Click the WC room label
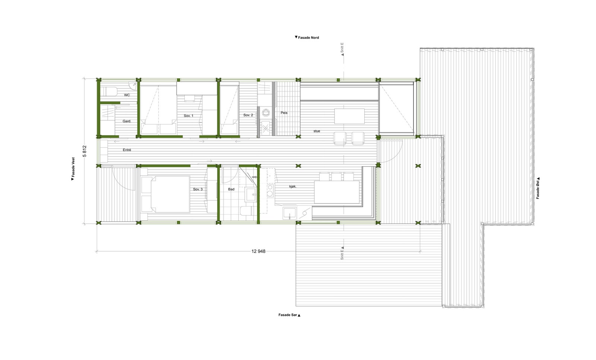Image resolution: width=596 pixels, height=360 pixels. point(127,95)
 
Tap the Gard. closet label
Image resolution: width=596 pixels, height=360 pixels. point(127,121)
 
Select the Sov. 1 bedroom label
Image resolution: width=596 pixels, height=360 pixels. point(188,116)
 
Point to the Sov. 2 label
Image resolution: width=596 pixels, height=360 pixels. point(248,115)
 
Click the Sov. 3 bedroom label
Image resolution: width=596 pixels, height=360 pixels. point(198,189)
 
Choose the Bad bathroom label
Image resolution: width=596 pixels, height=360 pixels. point(231,189)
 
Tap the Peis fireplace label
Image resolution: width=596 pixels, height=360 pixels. point(284,113)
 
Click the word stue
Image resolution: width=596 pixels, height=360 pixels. point(317,131)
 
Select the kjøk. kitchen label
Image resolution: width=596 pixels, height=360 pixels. point(293,186)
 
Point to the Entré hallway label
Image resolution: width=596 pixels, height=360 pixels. point(127,150)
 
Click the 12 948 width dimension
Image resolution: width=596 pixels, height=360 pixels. point(259,252)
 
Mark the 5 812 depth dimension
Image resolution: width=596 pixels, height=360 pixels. point(85,151)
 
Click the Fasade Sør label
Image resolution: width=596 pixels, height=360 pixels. point(289,315)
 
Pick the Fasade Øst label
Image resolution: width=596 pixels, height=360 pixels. point(538,188)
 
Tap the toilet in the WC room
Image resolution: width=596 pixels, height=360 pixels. point(110,91)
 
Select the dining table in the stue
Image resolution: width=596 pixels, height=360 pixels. point(349,116)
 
